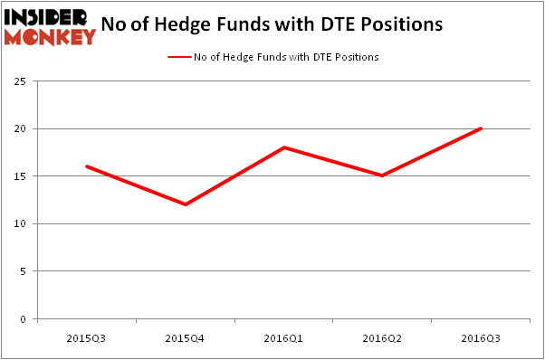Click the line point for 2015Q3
(87, 166)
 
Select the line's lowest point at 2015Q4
(186, 204)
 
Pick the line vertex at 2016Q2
(383, 175)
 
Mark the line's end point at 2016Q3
(481, 128)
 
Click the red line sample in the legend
(178, 57)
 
